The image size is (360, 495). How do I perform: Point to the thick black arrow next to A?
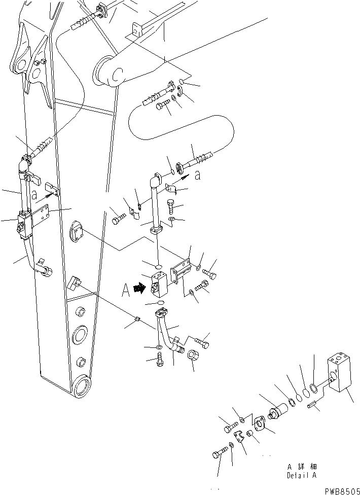137,289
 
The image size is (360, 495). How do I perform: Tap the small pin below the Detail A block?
312,404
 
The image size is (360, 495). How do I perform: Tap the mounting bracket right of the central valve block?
181,274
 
